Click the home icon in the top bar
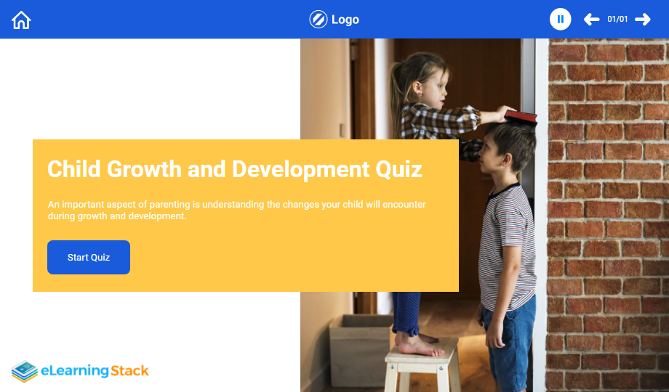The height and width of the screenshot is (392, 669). coord(21,20)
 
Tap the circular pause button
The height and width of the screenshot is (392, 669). coord(560,19)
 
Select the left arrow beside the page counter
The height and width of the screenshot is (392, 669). coord(591,19)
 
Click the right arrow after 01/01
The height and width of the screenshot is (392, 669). coord(643,19)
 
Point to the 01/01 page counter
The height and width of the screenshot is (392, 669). coord(617,19)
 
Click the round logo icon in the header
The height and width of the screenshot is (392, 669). coord(319,20)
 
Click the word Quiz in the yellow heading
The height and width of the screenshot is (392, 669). coord(398,170)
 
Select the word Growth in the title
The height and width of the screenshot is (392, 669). coord(144,169)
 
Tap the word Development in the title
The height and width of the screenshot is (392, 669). coord(301,170)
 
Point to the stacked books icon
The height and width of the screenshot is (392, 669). coord(25,371)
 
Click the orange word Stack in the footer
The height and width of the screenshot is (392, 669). coord(129,371)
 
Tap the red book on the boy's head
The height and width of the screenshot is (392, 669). coord(521,116)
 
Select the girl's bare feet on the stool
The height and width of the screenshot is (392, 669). coord(419,345)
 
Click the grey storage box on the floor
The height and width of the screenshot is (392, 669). coord(360,349)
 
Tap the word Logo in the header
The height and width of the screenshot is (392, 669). coord(345,20)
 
